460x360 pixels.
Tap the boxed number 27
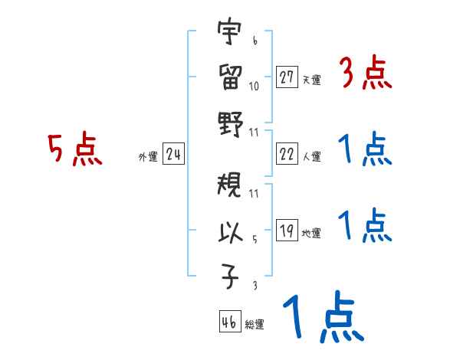[287, 77]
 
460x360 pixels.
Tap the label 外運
[148, 157]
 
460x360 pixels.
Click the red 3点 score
[365, 75]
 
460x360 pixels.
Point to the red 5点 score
[74, 150]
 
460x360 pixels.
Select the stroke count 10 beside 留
[255, 85]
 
